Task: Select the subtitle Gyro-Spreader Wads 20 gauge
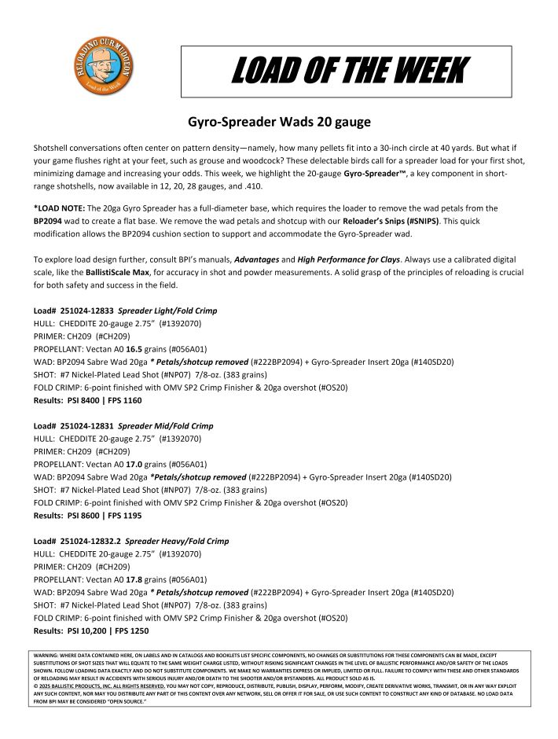tap(273, 123)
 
